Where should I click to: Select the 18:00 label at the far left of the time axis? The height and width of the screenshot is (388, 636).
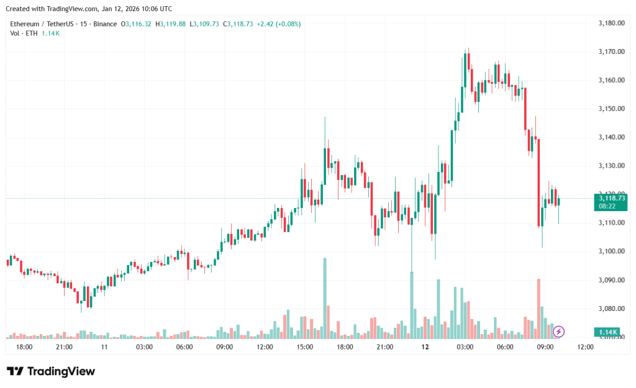[24, 347]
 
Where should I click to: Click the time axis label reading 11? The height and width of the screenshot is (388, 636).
[104, 347]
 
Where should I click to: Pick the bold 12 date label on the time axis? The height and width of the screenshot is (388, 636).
[425, 347]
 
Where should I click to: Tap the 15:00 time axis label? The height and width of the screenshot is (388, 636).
[305, 347]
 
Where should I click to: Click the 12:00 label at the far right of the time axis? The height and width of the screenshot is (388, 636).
[586, 347]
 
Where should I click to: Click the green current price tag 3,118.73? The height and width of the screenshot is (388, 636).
[611, 197]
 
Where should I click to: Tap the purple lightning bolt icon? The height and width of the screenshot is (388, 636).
[558, 331]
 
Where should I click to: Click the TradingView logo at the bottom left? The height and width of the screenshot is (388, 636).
[51, 371]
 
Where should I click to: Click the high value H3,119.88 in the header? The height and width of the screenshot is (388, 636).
[170, 24]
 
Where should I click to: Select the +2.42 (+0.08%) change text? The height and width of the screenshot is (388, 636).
[279, 24]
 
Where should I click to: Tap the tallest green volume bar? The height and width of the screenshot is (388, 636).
[324, 297]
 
